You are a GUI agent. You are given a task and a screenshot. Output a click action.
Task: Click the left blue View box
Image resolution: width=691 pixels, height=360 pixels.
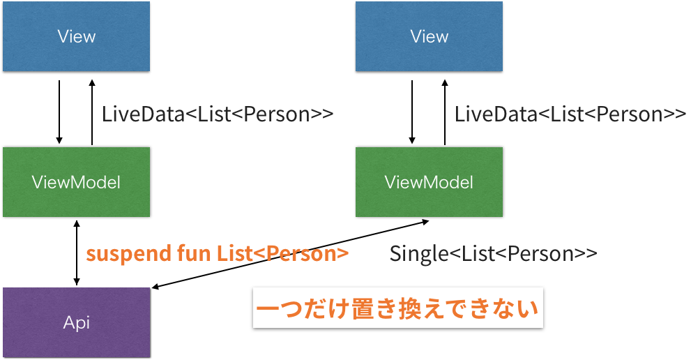(x=76, y=36)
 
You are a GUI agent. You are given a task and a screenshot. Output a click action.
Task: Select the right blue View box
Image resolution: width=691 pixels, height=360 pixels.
(x=429, y=36)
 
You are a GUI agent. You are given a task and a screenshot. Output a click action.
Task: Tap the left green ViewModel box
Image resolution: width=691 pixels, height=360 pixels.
(x=76, y=182)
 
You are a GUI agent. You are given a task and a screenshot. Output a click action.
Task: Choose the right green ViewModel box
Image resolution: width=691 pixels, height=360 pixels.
(x=429, y=182)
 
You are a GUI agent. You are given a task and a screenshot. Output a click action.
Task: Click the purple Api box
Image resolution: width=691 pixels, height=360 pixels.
(x=76, y=322)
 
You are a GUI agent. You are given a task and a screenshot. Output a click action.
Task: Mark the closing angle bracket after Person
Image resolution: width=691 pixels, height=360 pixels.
(x=342, y=255)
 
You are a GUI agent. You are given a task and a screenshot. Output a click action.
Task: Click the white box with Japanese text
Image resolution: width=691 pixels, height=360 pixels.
(x=397, y=308)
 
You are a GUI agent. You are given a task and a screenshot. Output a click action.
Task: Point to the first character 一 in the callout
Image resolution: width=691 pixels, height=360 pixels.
(x=268, y=308)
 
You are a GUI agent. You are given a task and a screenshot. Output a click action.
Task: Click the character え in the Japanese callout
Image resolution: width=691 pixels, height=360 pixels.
(x=434, y=308)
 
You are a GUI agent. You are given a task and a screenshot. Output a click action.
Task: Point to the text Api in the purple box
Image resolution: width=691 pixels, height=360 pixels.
(x=76, y=322)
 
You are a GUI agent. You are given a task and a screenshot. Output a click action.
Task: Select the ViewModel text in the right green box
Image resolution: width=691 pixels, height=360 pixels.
(x=429, y=182)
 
